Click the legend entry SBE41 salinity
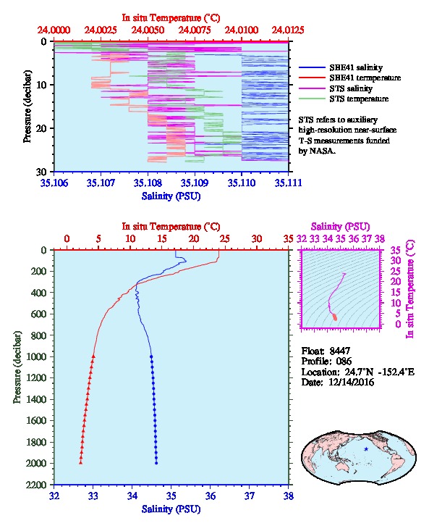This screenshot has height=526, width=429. pyautogui.click(x=356, y=67)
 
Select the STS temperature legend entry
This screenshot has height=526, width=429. pyautogui.click(x=359, y=99)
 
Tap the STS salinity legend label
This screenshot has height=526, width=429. pyautogui.click(x=351, y=88)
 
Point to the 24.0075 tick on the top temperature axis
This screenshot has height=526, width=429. pyautogui.click(x=195, y=30)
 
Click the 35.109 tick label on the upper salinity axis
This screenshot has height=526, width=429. pyautogui.click(x=195, y=183)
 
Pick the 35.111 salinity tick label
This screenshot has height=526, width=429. pyautogui.click(x=289, y=183)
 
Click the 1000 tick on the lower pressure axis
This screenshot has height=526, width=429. pyautogui.click(x=38, y=356)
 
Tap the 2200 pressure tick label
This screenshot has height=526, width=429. pyautogui.click(x=38, y=485)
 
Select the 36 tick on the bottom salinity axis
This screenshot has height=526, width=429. pyautogui.click(x=211, y=496)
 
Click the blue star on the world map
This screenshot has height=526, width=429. pyautogui.click(x=366, y=449)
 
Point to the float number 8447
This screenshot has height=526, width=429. pyautogui.click(x=339, y=351)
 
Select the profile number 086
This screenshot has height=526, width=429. pyautogui.click(x=344, y=362)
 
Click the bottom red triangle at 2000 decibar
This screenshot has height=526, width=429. pyautogui.click(x=80, y=463)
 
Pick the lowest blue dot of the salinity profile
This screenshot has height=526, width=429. pyautogui.click(x=156, y=463)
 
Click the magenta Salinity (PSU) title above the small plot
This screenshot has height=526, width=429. pyautogui.click(x=340, y=227)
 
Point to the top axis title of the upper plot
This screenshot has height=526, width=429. pyautogui.click(x=171, y=18)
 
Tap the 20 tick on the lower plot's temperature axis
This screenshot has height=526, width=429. pyautogui.click(x=194, y=239)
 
